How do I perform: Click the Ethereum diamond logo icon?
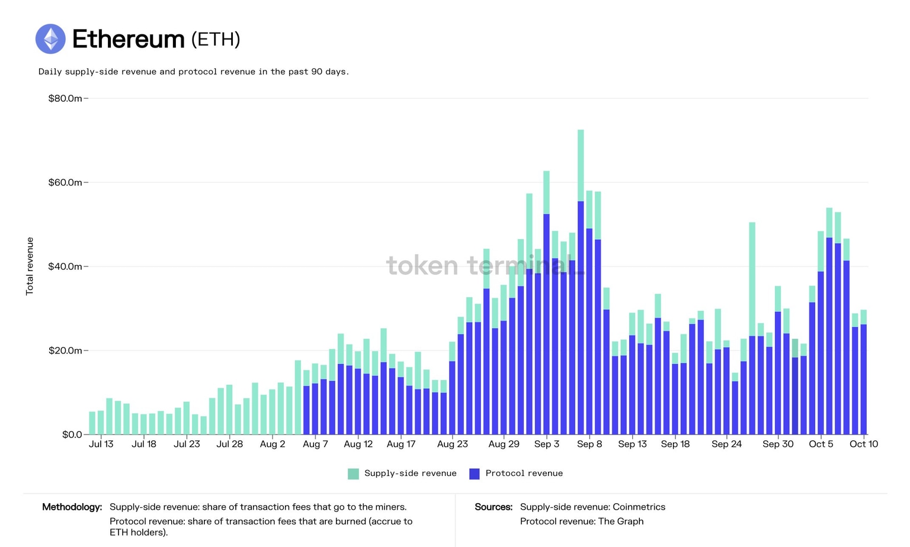click(50, 39)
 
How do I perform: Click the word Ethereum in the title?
click(128, 39)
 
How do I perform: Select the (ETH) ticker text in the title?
click(216, 39)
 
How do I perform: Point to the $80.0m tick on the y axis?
click(65, 98)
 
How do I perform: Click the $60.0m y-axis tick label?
click(65, 182)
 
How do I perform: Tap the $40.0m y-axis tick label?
click(65, 266)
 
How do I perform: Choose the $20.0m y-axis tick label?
click(65, 350)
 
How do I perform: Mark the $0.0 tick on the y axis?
click(72, 435)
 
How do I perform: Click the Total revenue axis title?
click(30, 266)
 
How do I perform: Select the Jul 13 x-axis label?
click(101, 444)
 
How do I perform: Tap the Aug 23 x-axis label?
click(453, 444)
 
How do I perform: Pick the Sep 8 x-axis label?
click(589, 444)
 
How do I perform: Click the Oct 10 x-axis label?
click(864, 444)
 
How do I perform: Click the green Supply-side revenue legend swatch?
click(353, 474)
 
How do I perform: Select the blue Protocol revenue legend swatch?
click(474, 474)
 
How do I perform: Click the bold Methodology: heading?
click(72, 507)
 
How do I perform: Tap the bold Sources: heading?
click(494, 507)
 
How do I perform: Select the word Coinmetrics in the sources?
click(639, 507)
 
